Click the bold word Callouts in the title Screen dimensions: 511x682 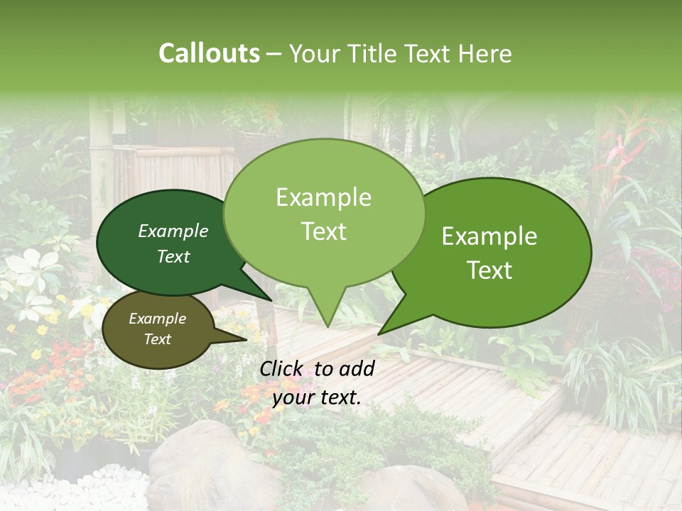point(209,53)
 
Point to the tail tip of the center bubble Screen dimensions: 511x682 point(327,326)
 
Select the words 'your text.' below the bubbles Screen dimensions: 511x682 point(317,397)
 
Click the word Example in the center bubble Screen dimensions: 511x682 point(324,198)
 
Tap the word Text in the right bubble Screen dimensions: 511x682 point(491,270)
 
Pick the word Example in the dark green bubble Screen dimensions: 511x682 point(173,231)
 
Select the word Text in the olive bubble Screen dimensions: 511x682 point(158,339)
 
